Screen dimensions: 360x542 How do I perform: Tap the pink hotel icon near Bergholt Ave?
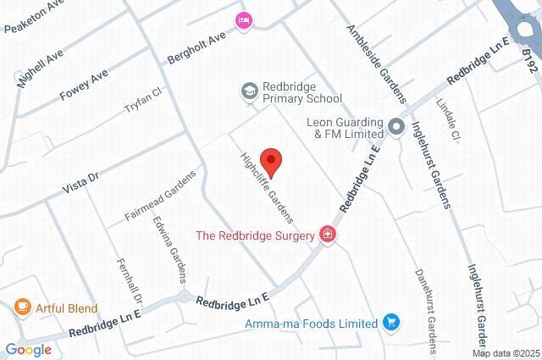244,20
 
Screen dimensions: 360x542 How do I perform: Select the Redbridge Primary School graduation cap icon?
249,90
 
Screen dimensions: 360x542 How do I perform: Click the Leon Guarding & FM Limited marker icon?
395,127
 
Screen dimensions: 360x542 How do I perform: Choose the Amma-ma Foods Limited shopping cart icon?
390,323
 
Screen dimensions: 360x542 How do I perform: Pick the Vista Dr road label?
82,179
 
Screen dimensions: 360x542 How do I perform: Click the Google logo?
28,349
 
